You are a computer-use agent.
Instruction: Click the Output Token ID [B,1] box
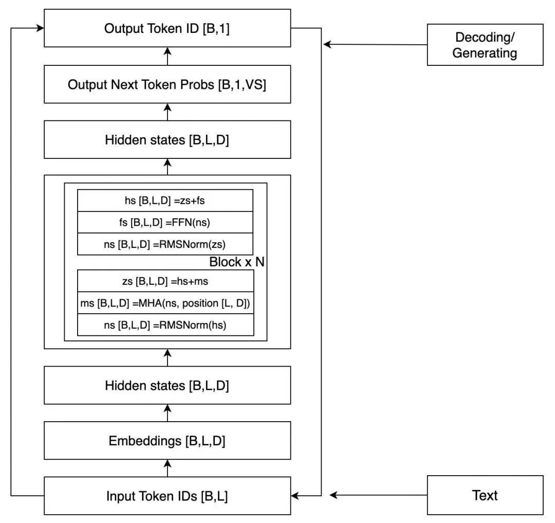click(167, 28)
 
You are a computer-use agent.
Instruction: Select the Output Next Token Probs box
click(167, 84)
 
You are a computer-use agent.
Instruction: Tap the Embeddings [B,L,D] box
click(167, 441)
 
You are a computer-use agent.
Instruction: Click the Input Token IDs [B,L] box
click(167, 496)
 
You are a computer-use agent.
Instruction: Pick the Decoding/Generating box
click(485, 45)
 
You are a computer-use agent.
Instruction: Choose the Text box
click(485, 495)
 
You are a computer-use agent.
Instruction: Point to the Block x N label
click(237, 262)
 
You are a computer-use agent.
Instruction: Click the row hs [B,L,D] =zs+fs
click(165, 201)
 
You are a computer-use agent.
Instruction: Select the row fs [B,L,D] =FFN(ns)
click(165, 222)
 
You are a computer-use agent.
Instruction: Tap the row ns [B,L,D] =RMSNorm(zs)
click(165, 244)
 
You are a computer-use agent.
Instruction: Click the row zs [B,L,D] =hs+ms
click(165, 281)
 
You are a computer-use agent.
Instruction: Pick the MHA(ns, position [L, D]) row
click(165, 303)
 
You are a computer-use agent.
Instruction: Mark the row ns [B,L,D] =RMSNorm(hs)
click(165, 324)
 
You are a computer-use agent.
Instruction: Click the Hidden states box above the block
click(167, 139)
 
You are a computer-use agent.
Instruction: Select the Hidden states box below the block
click(167, 385)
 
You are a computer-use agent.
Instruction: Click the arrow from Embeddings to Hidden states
click(168, 413)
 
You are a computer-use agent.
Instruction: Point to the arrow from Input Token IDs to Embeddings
click(168, 468)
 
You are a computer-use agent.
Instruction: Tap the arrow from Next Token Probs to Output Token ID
click(168, 56)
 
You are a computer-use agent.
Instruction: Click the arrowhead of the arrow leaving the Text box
click(332, 495)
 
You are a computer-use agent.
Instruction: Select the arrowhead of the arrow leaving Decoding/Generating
click(327, 44)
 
